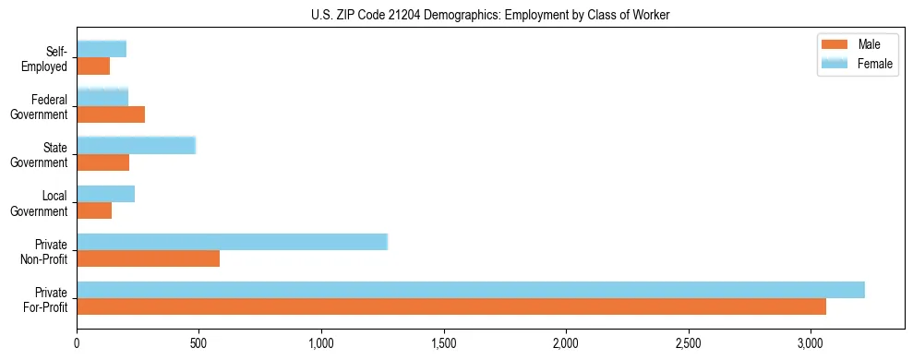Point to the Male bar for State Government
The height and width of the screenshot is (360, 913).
(x=103, y=162)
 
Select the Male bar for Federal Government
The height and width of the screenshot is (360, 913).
(x=111, y=114)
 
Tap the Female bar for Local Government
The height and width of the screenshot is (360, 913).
(x=106, y=194)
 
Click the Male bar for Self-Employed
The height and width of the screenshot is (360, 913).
(x=93, y=66)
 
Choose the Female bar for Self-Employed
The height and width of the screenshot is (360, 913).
(x=102, y=50)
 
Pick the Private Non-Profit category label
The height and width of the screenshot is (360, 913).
(x=45, y=251)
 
